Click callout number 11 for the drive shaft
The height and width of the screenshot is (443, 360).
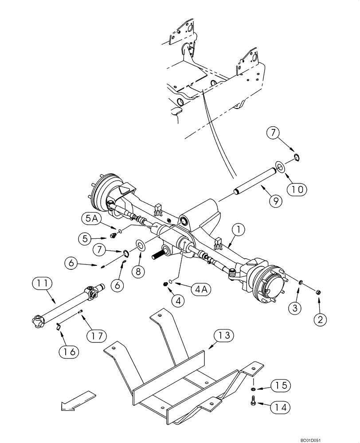[41, 283]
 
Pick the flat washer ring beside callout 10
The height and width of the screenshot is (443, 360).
[280, 167]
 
